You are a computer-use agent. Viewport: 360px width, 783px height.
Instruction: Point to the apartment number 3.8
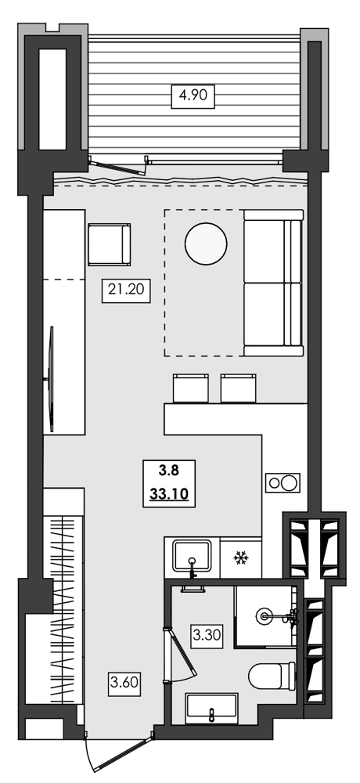coord(169,471)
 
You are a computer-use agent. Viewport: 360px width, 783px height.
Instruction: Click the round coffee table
coord(207,243)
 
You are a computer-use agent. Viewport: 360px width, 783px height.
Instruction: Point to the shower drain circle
coord(268,617)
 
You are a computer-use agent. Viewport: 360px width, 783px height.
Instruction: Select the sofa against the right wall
coord(272,283)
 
